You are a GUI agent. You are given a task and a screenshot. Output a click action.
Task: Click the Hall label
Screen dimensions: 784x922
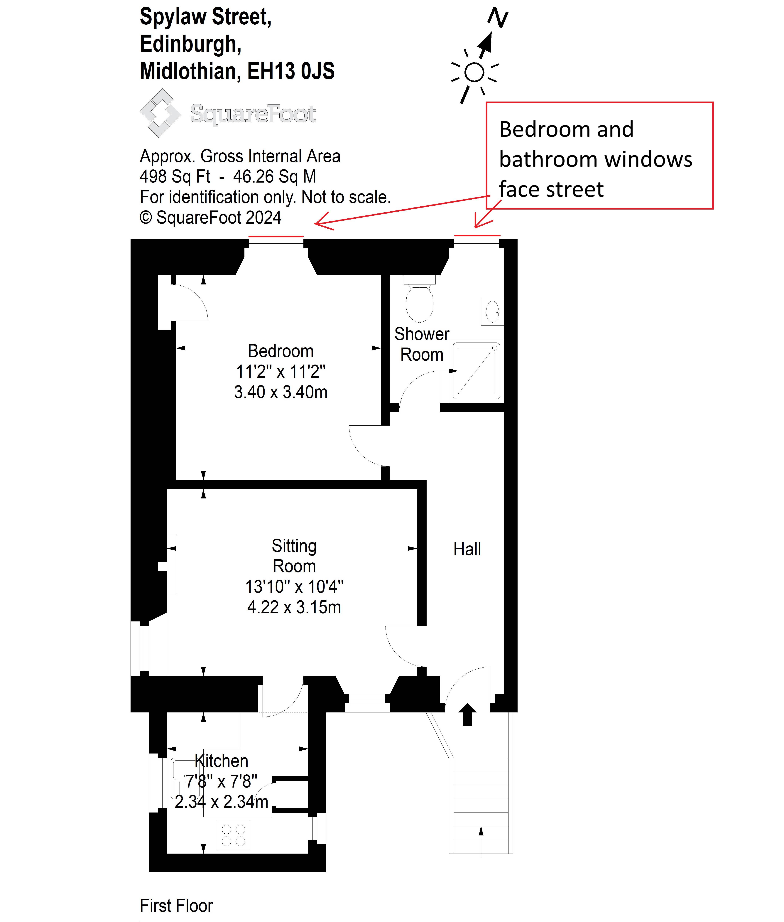pyautogui.click(x=467, y=549)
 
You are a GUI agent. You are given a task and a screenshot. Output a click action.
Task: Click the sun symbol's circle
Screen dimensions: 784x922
pyautogui.click(x=474, y=72)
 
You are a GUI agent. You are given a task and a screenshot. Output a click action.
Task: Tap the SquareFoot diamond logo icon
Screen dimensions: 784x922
pyautogui.click(x=160, y=113)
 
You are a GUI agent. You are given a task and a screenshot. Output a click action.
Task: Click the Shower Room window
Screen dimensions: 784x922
pyautogui.click(x=477, y=243)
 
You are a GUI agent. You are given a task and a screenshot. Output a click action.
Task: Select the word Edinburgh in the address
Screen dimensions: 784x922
pyautogui.click(x=191, y=44)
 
